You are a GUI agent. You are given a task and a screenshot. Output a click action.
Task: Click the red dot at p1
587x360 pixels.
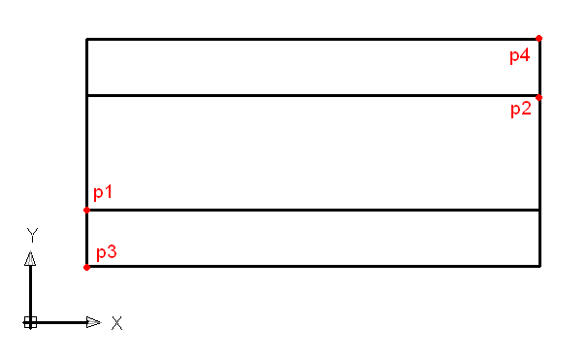coord(86,210)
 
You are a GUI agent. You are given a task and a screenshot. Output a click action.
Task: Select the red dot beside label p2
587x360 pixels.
coord(538,98)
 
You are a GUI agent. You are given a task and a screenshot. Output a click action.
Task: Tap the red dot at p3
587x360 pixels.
coord(86,267)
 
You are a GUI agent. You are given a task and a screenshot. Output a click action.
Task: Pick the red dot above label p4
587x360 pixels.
coord(538,38)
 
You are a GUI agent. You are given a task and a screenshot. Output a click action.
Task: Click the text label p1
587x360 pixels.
coord(103,192)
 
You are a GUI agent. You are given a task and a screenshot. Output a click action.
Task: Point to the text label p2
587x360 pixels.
coord(521,110)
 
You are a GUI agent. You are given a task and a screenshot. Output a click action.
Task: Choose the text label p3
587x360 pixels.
coord(107,252)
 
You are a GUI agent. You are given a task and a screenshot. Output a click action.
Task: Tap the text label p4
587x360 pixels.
coord(520,55)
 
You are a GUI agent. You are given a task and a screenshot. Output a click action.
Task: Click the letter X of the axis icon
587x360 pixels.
coord(116,323)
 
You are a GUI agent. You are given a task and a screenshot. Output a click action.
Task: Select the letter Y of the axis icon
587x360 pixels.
coord(32,235)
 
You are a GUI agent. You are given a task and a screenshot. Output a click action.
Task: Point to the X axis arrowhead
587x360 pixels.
coord(93,322)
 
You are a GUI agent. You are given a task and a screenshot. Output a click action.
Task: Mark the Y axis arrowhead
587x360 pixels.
coord(30,258)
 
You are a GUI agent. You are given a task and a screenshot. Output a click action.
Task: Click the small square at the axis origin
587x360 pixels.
coord(30,322)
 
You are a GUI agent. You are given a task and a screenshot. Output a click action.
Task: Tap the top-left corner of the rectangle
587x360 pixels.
coord(87,39)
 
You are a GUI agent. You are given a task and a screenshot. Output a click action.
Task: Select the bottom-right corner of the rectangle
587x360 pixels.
coord(539,266)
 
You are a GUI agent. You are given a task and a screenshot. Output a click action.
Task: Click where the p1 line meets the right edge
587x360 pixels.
coord(539,210)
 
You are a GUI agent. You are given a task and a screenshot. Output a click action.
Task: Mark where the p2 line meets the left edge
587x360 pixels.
coord(87,96)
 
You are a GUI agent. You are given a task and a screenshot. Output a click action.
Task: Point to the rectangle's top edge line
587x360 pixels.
coord(313,39)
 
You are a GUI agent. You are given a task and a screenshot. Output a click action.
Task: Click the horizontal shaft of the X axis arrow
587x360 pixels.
coord(58,322)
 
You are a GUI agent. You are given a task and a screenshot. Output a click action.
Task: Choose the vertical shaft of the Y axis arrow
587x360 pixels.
coord(30,293)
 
